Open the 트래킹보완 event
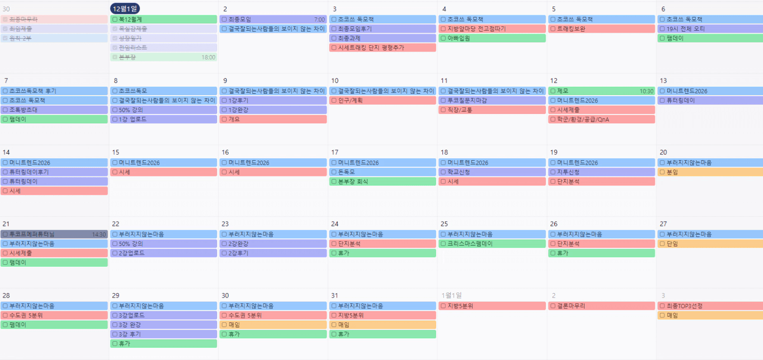(x=601, y=29)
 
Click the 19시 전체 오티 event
(x=710, y=29)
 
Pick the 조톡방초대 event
(x=54, y=110)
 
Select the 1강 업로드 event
(x=163, y=119)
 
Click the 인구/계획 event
(x=382, y=100)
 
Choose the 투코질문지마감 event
(x=491, y=100)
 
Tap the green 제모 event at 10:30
(x=601, y=91)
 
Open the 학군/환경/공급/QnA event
(x=601, y=119)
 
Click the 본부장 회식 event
(x=382, y=181)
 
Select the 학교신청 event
(x=491, y=172)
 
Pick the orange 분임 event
(x=710, y=172)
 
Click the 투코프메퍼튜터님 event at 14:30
(x=54, y=234)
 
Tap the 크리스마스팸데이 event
(x=491, y=243)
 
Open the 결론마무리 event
(x=601, y=306)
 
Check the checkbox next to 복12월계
(x=115, y=19)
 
